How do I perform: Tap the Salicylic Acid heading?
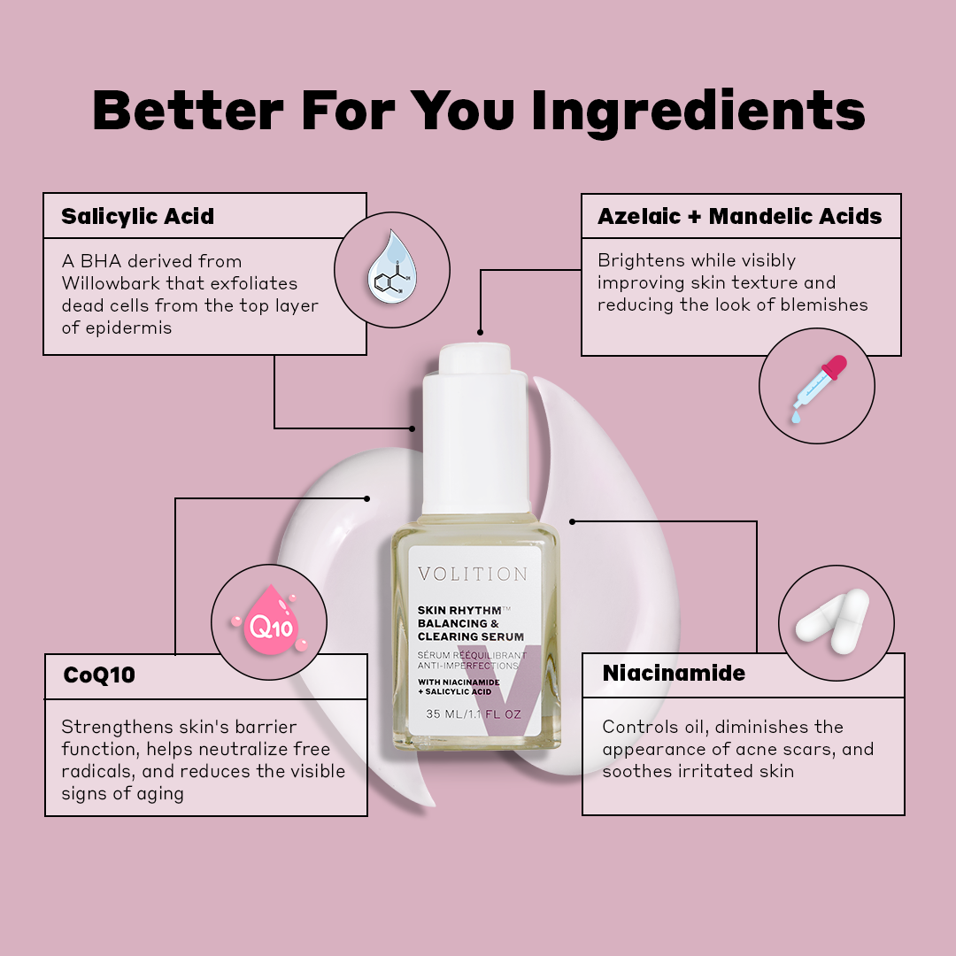tap(138, 217)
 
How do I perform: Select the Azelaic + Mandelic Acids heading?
tap(739, 217)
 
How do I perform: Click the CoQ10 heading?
tap(99, 675)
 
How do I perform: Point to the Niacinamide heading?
tap(674, 673)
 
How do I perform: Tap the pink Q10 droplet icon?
tap(269, 620)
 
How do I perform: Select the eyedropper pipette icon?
tap(819, 389)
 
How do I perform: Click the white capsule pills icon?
tap(833, 621)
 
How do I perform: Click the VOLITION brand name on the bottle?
tap(473, 574)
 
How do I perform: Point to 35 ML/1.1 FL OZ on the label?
tap(474, 714)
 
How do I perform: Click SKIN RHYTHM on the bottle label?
tap(459, 610)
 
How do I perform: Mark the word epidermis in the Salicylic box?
tap(129, 328)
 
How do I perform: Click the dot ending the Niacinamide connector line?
tap(572, 522)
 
